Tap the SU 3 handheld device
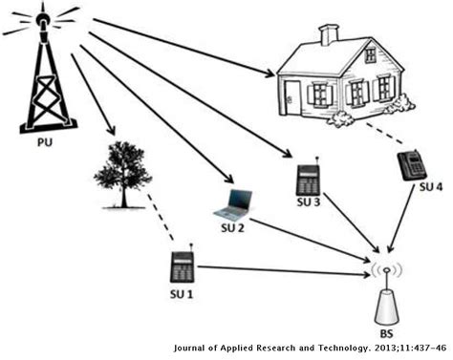point(307,179)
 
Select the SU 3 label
point(307,203)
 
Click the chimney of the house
point(330,36)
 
